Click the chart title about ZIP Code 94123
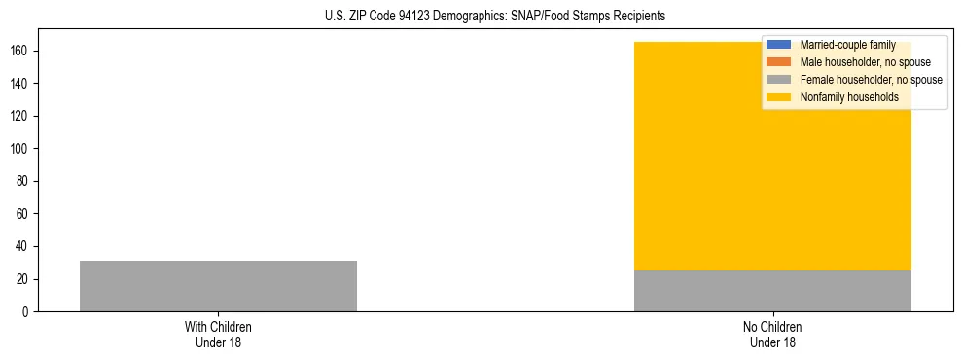tap(495, 17)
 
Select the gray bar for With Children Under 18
tap(218, 286)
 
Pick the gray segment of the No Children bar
tap(772, 291)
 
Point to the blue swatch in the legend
tap(779, 45)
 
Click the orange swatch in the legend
tap(779, 62)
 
